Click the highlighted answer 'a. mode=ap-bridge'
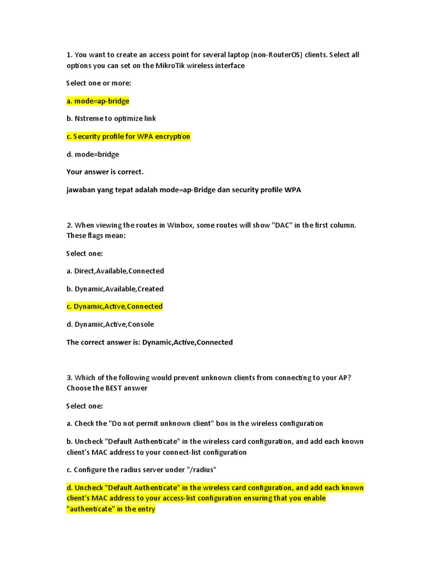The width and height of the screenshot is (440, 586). tap(98, 101)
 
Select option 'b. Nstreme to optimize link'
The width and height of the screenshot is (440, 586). tap(111, 118)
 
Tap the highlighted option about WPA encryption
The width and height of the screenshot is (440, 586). tap(128, 136)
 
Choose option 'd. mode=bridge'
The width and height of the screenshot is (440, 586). tap(93, 154)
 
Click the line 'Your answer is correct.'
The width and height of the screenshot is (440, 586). tap(105, 172)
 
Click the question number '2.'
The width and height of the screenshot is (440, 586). tap(69, 225)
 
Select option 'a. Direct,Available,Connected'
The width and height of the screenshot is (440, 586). tap(115, 271)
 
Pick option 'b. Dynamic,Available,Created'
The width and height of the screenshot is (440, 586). tap(115, 288)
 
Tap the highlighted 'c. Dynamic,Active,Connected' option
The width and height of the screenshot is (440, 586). tap(115, 306)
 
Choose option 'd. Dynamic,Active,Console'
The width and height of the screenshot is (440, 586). tap(111, 324)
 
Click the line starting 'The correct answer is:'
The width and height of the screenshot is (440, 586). tap(150, 342)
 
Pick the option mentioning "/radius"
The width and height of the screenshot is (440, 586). tap(142, 470)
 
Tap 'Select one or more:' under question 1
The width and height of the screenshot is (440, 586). tap(99, 83)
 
